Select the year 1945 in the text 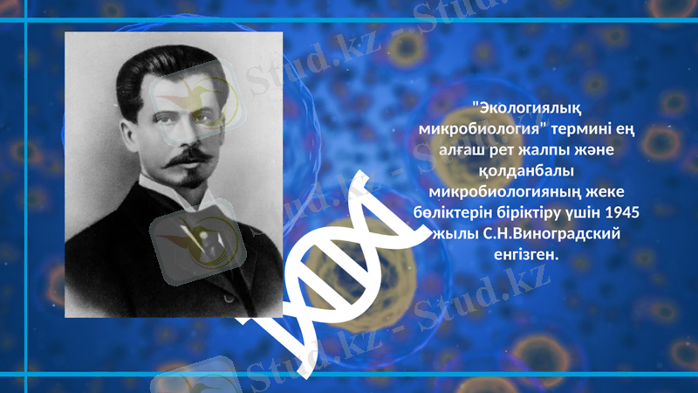pyautogui.click(x=621, y=213)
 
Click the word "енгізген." pyautogui.click(x=524, y=255)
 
